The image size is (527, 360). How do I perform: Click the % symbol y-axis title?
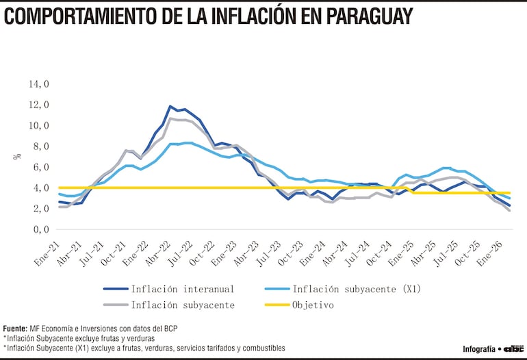[16, 157]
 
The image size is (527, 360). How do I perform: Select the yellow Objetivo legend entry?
[313, 305]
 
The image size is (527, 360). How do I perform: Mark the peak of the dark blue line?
[170, 106]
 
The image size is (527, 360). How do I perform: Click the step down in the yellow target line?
[411, 190]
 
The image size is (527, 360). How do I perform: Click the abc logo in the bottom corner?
[513, 348]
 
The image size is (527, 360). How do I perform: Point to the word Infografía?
[478, 348]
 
